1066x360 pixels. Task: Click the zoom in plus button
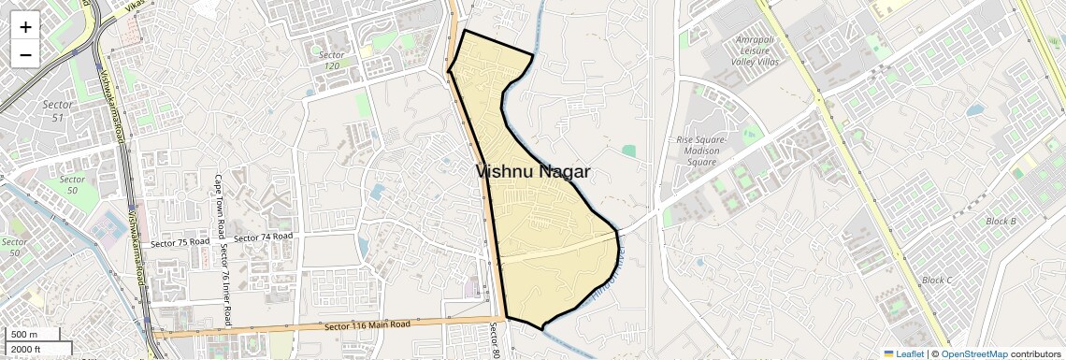coord(25,27)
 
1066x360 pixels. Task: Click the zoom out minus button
coord(25,54)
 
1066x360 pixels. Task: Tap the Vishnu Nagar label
coord(533,171)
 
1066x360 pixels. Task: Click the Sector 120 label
coord(330,60)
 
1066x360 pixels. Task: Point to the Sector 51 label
coord(58,110)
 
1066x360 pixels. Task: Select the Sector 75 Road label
coord(180,242)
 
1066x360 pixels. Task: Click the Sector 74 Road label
coord(263,238)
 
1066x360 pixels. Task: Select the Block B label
coord(1001,221)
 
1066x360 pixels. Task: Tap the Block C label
coord(937,280)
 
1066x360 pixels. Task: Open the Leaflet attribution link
coord(903,353)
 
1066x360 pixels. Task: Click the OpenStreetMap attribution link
coord(973,353)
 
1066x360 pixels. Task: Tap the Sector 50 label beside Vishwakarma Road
coord(72,184)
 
